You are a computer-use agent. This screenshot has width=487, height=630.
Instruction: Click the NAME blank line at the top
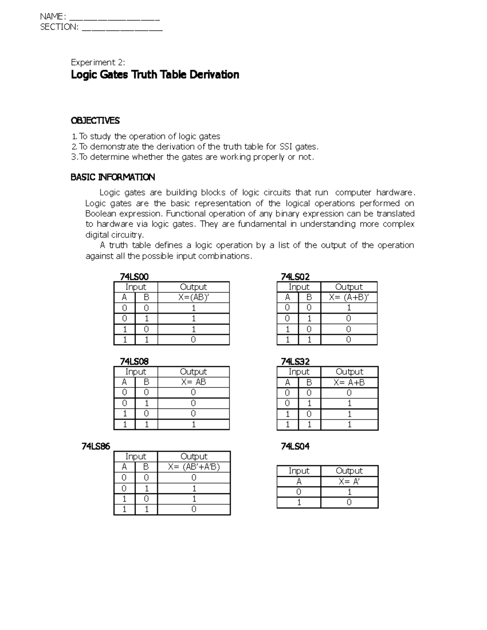tap(115, 18)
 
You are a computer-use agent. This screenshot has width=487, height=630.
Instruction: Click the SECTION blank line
tap(122, 28)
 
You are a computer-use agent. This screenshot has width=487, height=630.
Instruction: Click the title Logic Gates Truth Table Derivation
tap(155, 75)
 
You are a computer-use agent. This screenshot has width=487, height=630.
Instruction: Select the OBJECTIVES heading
tap(95, 120)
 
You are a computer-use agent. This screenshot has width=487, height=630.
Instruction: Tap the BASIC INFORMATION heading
tap(112, 177)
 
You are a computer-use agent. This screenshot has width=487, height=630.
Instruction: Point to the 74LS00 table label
tap(134, 277)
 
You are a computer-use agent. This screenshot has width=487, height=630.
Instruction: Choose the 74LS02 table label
tap(295, 277)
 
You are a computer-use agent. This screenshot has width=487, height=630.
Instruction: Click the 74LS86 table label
tap(96, 446)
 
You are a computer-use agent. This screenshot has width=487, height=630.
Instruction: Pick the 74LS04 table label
tap(295, 446)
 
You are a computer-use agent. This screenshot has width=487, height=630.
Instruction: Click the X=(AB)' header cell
tap(194, 297)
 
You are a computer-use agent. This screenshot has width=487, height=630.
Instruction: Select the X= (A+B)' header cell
tap(349, 297)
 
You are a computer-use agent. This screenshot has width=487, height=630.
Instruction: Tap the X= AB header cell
tap(194, 382)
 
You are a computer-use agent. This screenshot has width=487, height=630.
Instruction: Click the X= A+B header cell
tap(349, 382)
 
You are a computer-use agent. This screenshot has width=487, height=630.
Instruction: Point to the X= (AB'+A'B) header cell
tap(194, 467)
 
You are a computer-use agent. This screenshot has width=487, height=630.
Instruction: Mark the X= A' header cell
tap(349, 482)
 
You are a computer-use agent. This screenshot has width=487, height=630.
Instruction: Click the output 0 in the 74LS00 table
tap(194, 340)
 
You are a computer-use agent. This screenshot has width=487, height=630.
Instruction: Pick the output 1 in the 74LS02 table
tap(349, 308)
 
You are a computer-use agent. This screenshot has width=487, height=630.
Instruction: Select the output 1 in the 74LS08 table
tap(194, 424)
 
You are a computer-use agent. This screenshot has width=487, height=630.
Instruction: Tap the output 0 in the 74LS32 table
tap(349, 393)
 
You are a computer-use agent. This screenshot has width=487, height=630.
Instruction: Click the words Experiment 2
tap(98, 62)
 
